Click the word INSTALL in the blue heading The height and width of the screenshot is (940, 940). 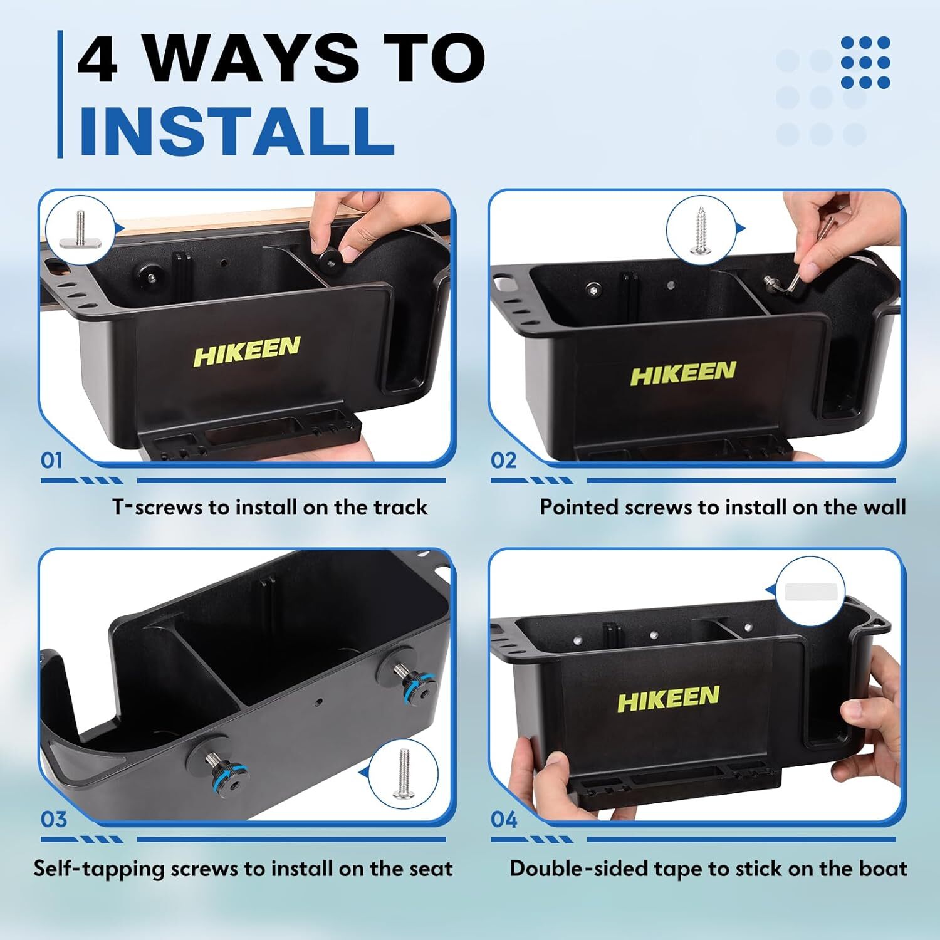236,131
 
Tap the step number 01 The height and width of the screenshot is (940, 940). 52,461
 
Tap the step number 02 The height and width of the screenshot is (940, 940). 503,461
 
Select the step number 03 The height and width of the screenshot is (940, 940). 53,819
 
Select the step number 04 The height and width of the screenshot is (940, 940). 504,819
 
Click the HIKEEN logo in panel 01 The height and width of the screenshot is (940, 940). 246,352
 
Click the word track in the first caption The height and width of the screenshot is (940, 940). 400,507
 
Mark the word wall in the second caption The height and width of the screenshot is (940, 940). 884,507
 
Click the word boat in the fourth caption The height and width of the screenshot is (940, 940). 884,869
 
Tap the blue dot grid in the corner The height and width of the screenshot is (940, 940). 865,62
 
